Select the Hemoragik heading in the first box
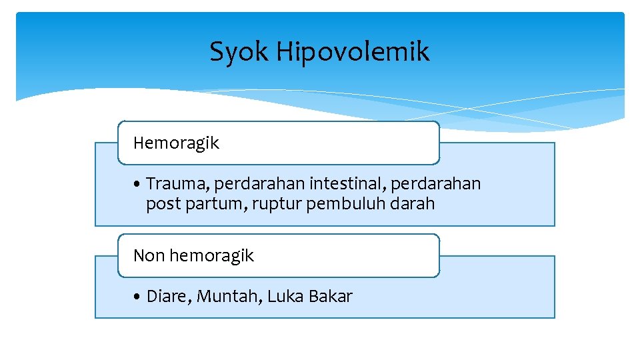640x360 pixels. click(x=176, y=143)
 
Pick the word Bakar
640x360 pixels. click(x=331, y=297)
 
